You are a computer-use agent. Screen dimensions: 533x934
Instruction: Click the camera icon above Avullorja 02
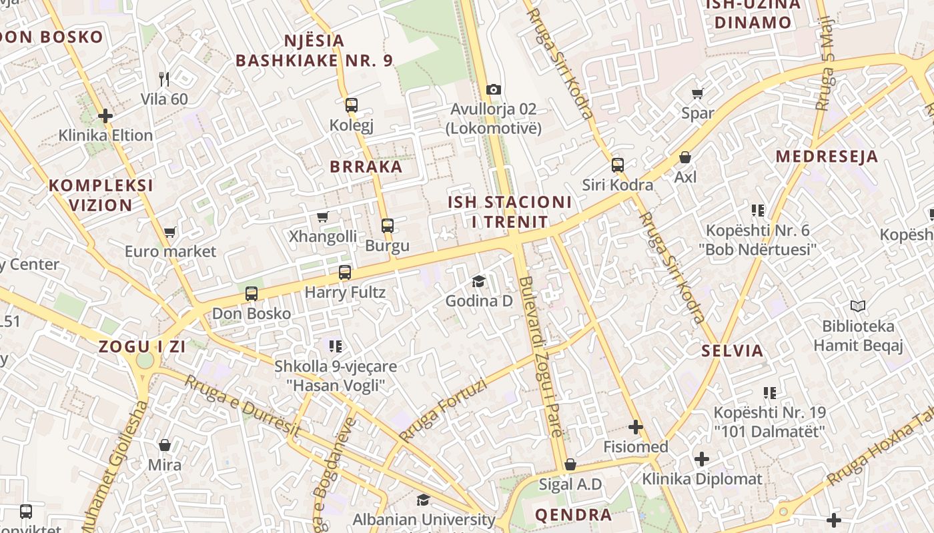coord(494,89)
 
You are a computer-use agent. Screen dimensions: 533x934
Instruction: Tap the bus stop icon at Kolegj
coord(352,105)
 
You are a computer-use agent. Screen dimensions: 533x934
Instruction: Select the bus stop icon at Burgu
coord(388,226)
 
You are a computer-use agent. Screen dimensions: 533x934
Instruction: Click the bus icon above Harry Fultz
coord(345,272)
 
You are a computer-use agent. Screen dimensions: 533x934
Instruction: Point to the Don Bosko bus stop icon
coord(252,294)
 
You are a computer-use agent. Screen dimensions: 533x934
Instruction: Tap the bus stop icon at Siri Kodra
coord(618,165)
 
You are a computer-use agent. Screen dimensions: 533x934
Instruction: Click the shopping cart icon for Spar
coord(698,94)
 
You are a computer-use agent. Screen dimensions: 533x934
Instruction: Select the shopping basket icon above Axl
coord(685,158)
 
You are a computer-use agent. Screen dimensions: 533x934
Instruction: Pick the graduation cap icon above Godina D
coord(479,282)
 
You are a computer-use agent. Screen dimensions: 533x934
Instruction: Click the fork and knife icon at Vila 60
coord(164,79)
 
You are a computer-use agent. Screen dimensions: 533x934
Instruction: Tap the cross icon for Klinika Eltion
coord(105,116)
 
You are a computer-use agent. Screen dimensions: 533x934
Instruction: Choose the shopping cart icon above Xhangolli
coord(323,217)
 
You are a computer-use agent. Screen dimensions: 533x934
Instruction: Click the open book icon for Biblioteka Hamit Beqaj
coord(858,306)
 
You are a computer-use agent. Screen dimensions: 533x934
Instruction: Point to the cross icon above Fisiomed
coord(636,426)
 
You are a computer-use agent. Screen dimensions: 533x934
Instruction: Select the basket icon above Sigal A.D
coord(570,464)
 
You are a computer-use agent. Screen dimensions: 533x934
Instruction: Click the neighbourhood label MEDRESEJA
coord(827,157)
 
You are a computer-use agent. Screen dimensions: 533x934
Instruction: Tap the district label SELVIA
coord(733,351)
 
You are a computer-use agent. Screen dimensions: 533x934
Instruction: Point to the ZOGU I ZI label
coord(142,346)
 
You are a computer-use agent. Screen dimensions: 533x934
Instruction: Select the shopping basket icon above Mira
coord(165,445)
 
